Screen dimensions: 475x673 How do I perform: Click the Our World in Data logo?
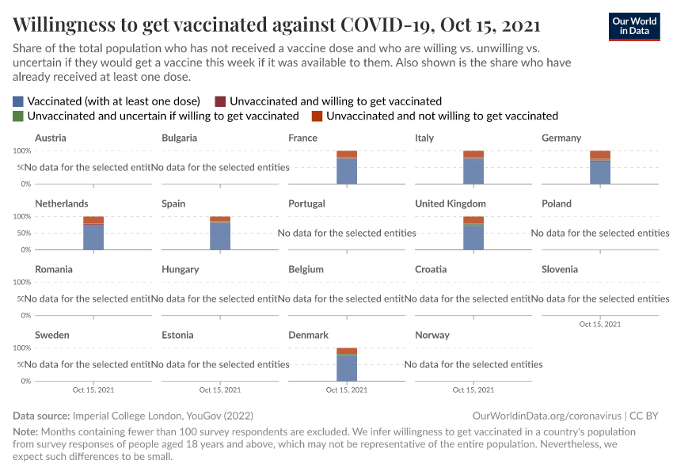pyautogui.click(x=633, y=26)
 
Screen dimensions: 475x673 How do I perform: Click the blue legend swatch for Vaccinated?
pyautogui.click(x=18, y=101)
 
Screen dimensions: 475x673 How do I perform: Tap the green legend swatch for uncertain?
pyautogui.click(x=18, y=116)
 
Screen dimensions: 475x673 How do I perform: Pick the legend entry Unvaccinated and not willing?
pyautogui.click(x=442, y=116)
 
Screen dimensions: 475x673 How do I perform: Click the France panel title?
pyautogui.click(x=302, y=138)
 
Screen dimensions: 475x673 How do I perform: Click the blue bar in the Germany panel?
pyautogui.click(x=600, y=172)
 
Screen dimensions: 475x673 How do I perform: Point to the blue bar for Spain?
pyautogui.click(x=220, y=236)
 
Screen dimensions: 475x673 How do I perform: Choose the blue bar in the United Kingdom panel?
pyautogui.click(x=473, y=237)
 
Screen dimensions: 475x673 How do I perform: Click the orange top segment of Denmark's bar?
pyautogui.click(x=347, y=351)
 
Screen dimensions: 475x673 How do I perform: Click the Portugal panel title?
pyautogui.click(x=306, y=203)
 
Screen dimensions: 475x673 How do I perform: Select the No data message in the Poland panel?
pyautogui.click(x=600, y=233)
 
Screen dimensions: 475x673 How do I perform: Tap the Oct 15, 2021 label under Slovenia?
pyautogui.click(x=600, y=324)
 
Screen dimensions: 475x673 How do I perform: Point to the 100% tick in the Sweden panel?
pyautogui.click(x=21, y=348)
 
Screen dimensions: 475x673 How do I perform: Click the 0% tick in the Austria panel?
pyautogui.click(x=25, y=184)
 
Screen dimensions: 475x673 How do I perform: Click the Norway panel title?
pyautogui.click(x=432, y=335)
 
